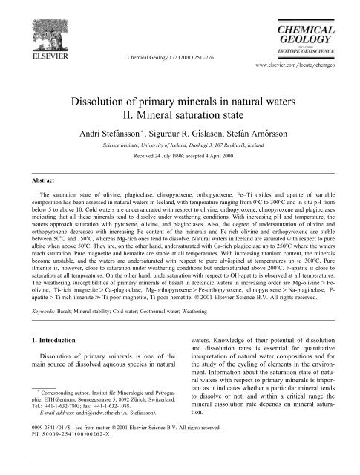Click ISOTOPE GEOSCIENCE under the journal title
coord(313,42)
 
